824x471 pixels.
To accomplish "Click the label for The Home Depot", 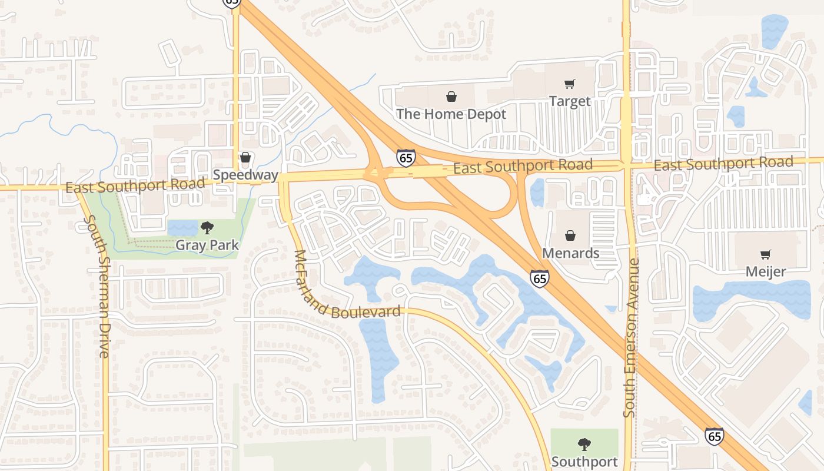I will coord(451,114).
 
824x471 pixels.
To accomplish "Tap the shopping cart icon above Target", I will coord(569,84).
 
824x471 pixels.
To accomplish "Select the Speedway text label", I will coord(245,175).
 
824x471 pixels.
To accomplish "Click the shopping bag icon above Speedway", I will coord(245,158).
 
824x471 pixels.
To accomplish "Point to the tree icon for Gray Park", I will coord(207,228).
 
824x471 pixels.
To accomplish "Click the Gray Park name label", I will coord(207,245).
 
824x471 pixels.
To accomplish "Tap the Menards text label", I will coord(570,253).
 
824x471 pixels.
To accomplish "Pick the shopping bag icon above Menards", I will coord(570,236).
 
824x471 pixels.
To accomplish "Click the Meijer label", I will coord(765,272).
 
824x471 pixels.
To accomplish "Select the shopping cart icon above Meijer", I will coord(765,255).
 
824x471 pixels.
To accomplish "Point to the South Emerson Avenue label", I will coord(630,339).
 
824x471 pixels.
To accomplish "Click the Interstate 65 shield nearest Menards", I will coord(540,278).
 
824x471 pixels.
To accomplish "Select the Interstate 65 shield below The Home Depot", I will coord(406,158).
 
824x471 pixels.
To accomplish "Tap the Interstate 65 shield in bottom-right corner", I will coord(714,436).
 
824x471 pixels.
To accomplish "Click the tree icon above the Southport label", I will coord(584,445).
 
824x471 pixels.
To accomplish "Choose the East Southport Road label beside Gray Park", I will coord(135,185).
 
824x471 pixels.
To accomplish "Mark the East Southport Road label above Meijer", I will coord(723,164).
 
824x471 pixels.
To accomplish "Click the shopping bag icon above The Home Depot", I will coord(451,97).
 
